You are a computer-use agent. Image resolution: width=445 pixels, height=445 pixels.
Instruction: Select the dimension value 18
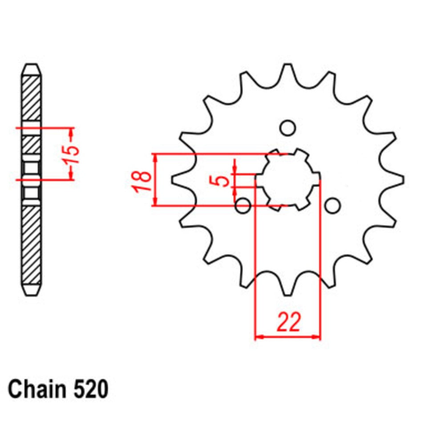point(142,180)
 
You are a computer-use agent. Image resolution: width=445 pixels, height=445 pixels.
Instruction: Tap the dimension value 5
point(226,180)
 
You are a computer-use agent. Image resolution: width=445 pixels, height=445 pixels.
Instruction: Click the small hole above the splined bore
point(287,128)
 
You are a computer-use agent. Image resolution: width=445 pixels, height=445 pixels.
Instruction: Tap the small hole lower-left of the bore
point(243,206)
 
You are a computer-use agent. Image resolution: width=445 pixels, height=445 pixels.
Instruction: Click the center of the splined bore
point(288,180)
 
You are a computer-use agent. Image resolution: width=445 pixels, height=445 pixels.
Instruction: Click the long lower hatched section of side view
point(32,245)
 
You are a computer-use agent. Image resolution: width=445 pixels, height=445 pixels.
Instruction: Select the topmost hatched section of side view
point(32,98)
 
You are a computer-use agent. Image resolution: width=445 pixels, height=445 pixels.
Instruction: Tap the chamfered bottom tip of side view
point(32,289)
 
